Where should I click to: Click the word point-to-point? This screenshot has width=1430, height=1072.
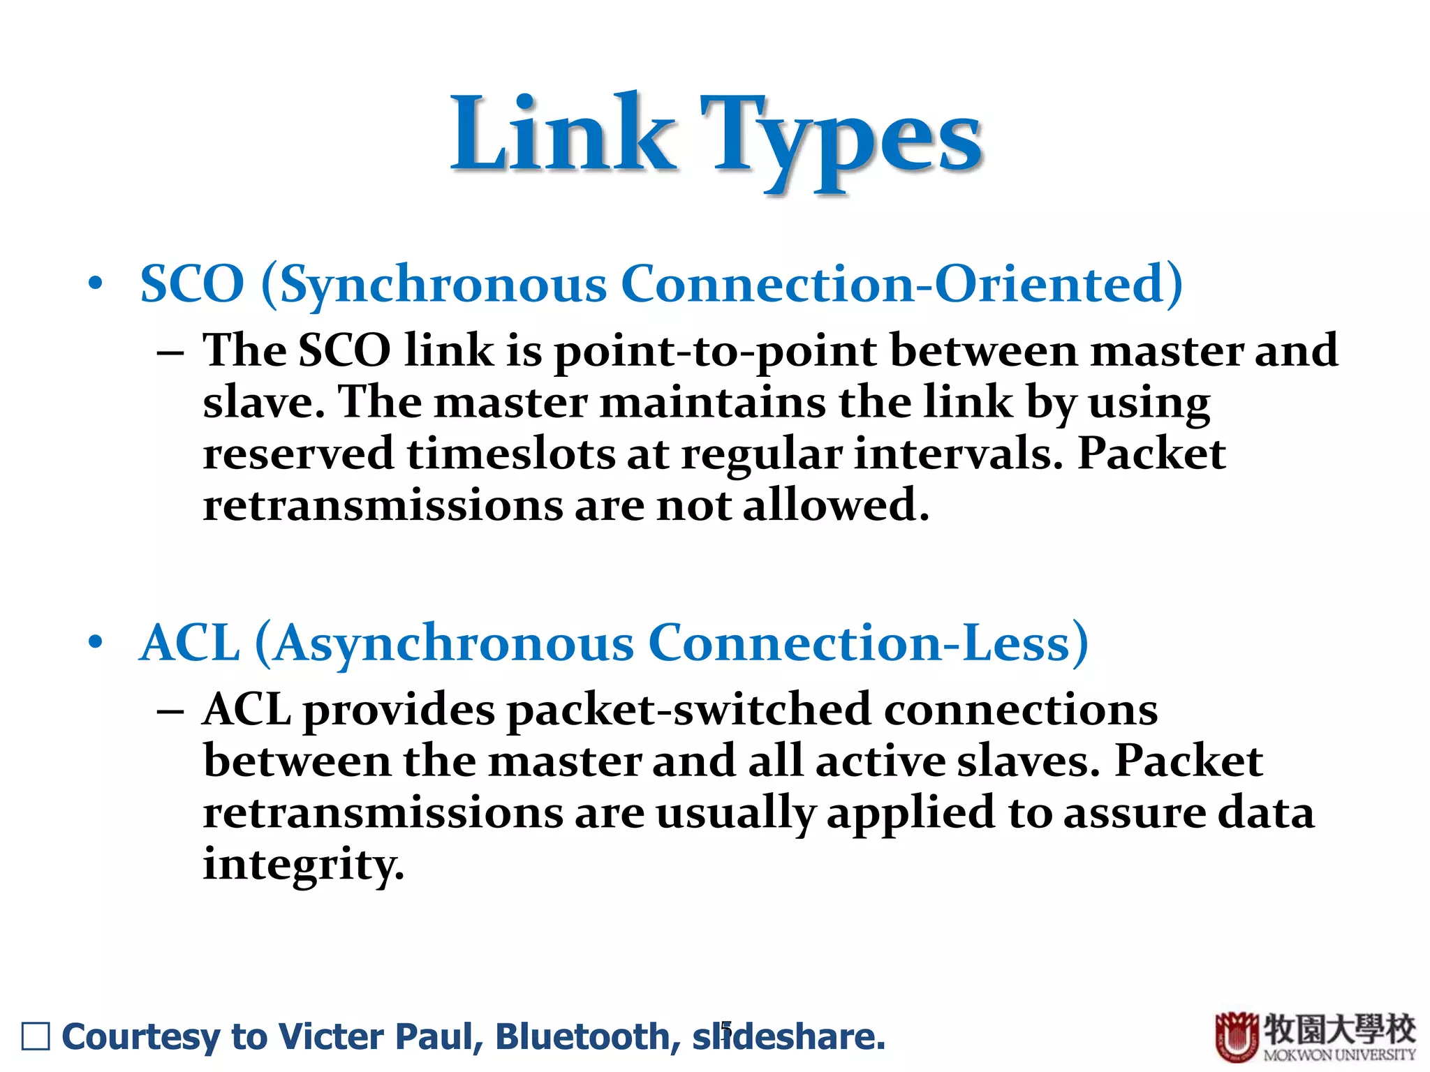715,351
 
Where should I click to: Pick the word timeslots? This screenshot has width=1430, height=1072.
511,454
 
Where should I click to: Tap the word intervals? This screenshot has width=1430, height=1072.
958,454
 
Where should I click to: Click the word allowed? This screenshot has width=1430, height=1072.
834,505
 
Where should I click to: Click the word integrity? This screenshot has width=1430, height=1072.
303,865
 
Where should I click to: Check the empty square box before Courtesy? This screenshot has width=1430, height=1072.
36,1036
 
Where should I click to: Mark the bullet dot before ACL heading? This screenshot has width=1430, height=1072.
96,642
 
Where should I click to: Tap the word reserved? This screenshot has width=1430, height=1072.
298,454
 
